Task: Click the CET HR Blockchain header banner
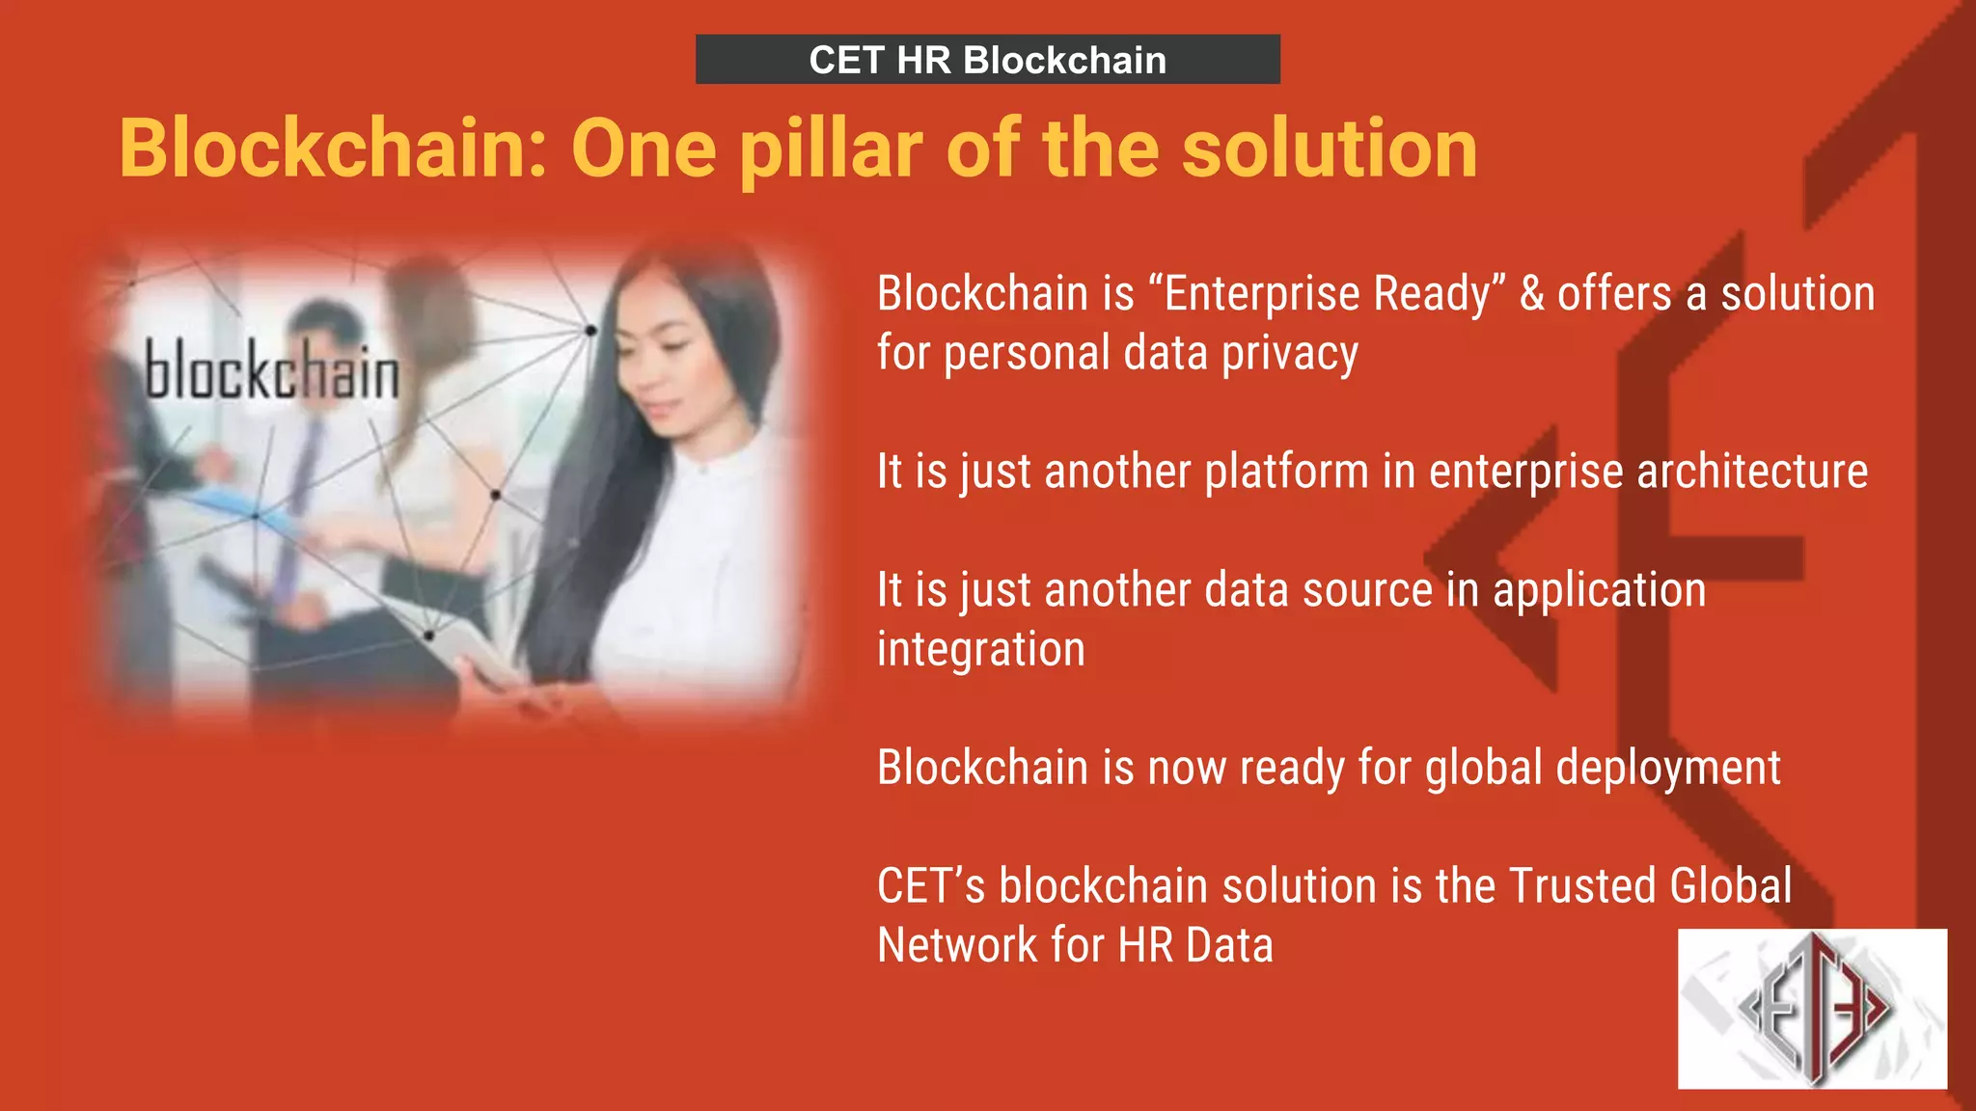click(987, 60)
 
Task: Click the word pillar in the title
click(832, 149)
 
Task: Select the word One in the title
click(644, 149)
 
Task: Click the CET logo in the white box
click(1812, 1009)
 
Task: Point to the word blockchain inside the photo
click(271, 371)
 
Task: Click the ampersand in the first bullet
click(1532, 293)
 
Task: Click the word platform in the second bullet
click(1287, 473)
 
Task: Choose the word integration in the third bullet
click(980, 649)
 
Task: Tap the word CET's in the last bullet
click(931, 885)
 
